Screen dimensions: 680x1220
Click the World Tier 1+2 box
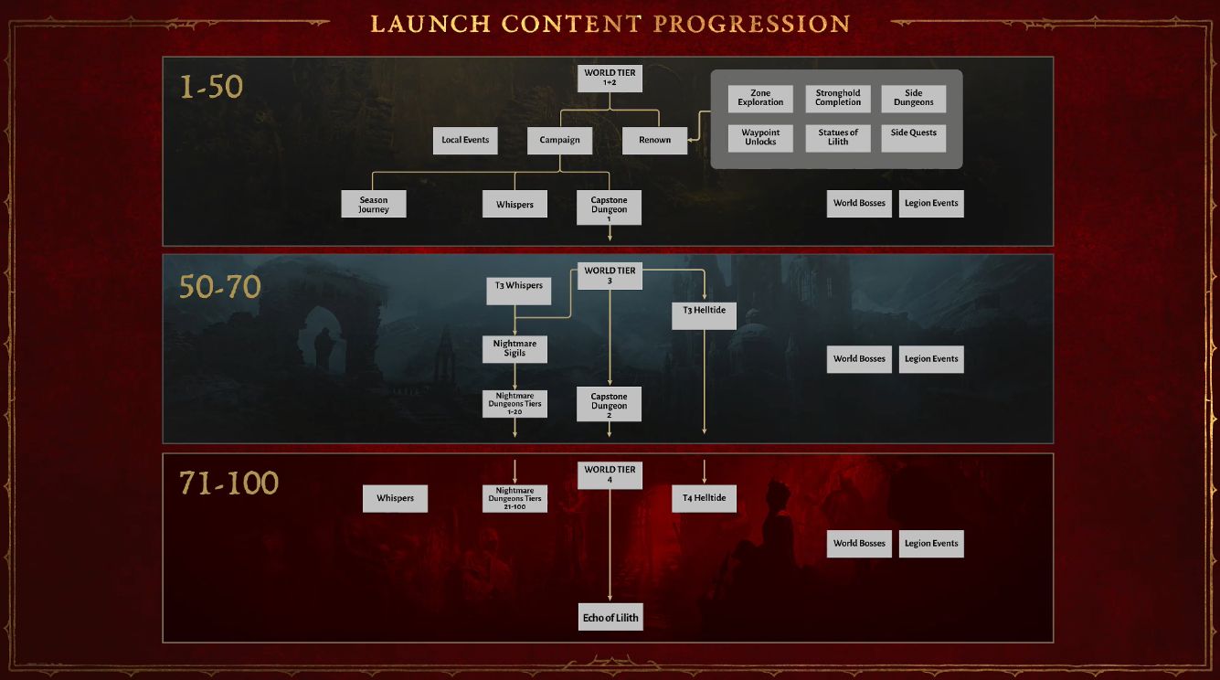610,78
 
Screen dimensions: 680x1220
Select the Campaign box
559,140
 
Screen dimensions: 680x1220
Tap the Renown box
654,140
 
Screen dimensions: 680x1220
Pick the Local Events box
465,140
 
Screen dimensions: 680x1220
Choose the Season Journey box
373,204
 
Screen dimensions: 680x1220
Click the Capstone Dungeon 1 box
609,207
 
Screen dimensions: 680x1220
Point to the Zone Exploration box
760,99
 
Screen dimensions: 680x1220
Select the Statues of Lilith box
838,138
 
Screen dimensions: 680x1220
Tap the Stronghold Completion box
838,99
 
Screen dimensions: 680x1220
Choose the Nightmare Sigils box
515,348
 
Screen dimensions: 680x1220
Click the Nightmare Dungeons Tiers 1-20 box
515,403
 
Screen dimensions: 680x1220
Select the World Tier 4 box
610,475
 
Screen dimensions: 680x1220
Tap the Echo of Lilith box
610,618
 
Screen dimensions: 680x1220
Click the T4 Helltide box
704,498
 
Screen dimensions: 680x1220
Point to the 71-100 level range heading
228,483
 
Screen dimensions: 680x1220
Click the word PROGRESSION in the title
751,24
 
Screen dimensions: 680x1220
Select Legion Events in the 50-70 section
931,359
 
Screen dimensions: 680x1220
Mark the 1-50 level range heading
212,87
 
